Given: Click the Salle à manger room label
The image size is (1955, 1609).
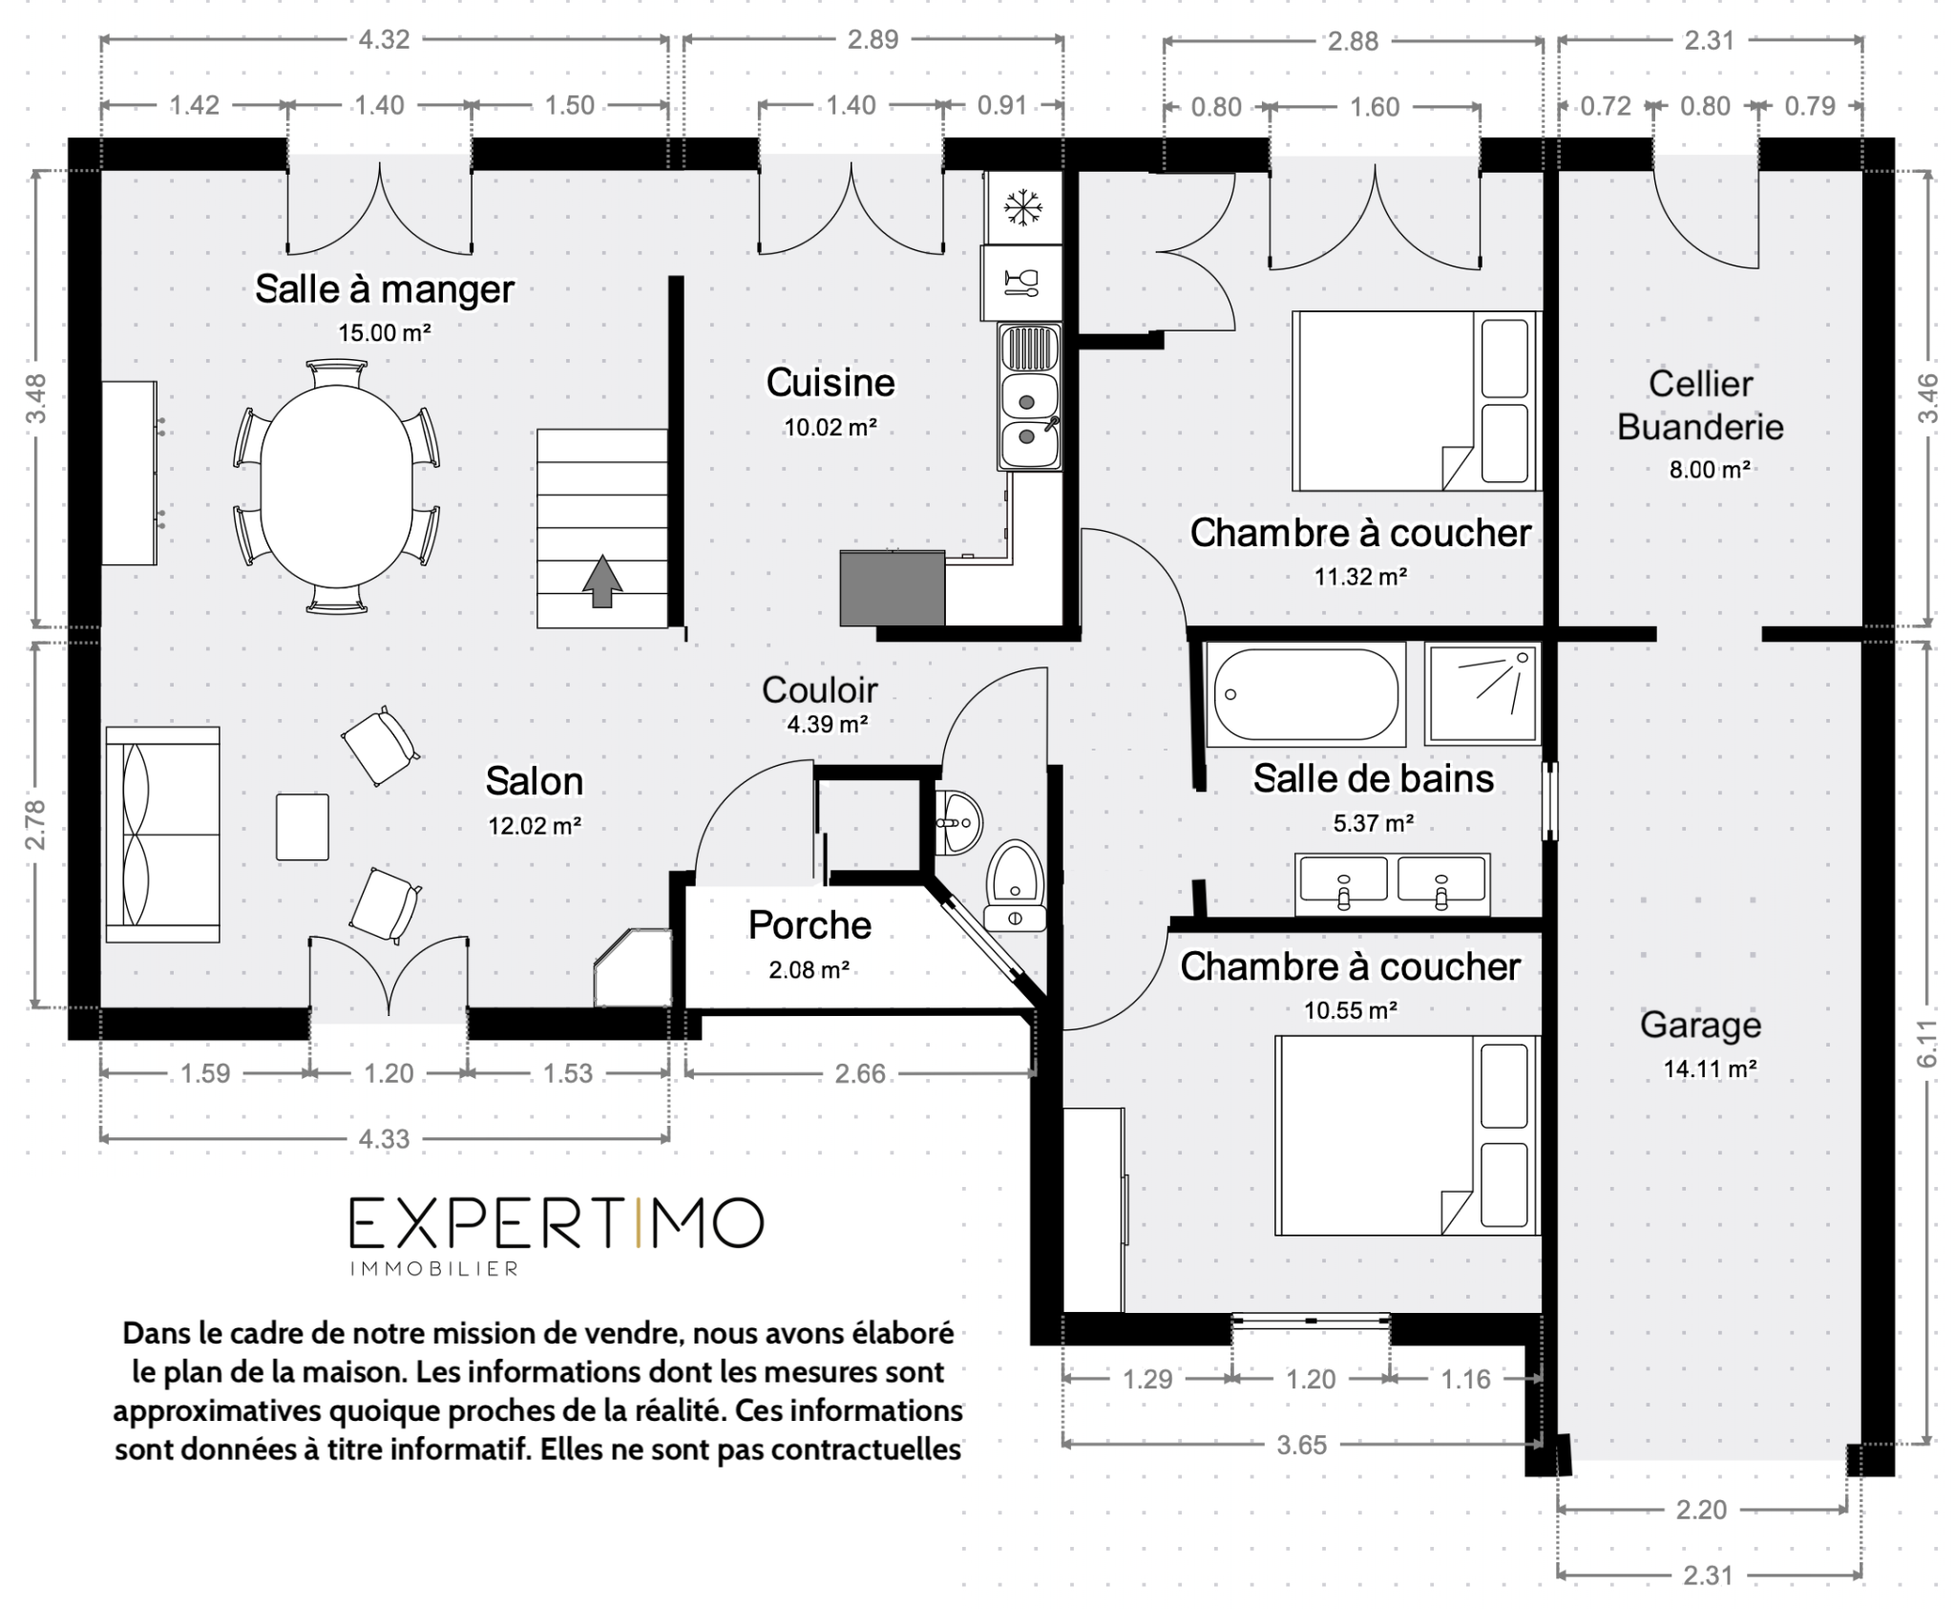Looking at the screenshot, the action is (385, 289).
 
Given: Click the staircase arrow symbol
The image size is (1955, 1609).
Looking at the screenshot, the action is (601, 582).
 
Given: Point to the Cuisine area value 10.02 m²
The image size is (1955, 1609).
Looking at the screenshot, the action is (830, 428).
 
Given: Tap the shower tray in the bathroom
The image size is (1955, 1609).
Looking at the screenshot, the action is (1482, 693).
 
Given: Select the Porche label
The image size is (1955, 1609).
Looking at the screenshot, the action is (809, 925).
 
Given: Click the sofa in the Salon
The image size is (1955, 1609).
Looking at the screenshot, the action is (162, 835).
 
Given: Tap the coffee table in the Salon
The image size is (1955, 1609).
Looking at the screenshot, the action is (303, 827).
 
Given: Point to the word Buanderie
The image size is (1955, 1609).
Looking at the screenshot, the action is (1700, 427).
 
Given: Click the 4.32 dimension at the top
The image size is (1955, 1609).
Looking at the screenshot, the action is (384, 40).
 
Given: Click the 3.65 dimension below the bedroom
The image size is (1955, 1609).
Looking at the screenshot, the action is (1302, 1445).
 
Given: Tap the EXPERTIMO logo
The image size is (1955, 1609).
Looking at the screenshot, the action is (557, 1223).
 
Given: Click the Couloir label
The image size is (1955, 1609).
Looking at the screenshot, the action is (819, 689).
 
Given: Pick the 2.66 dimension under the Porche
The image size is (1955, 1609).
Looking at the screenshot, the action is (860, 1074).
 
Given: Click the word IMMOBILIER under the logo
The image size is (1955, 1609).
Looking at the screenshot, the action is (434, 1269).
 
